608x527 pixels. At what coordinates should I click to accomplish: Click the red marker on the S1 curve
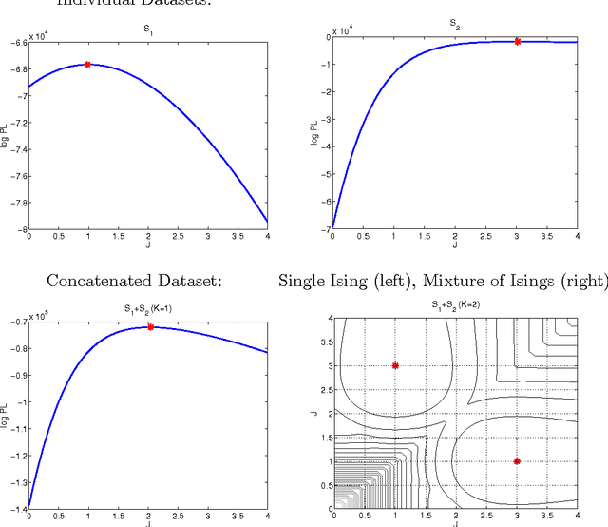[x=87, y=65]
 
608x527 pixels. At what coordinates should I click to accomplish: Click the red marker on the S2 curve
[x=517, y=41]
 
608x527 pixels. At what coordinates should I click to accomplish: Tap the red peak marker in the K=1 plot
[x=150, y=327]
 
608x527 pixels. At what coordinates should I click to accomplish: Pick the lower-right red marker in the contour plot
[x=518, y=460]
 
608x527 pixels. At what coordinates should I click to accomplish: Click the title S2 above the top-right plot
[x=454, y=21]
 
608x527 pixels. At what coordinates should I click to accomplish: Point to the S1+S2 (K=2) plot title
[x=454, y=305]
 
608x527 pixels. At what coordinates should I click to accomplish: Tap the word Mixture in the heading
[x=458, y=281]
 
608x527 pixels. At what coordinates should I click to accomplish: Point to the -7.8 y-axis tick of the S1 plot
[x=17, y=203]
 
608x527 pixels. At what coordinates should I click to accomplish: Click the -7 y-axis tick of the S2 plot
[x=322, y=229]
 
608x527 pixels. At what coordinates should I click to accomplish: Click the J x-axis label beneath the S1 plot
[x=147, y=246]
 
